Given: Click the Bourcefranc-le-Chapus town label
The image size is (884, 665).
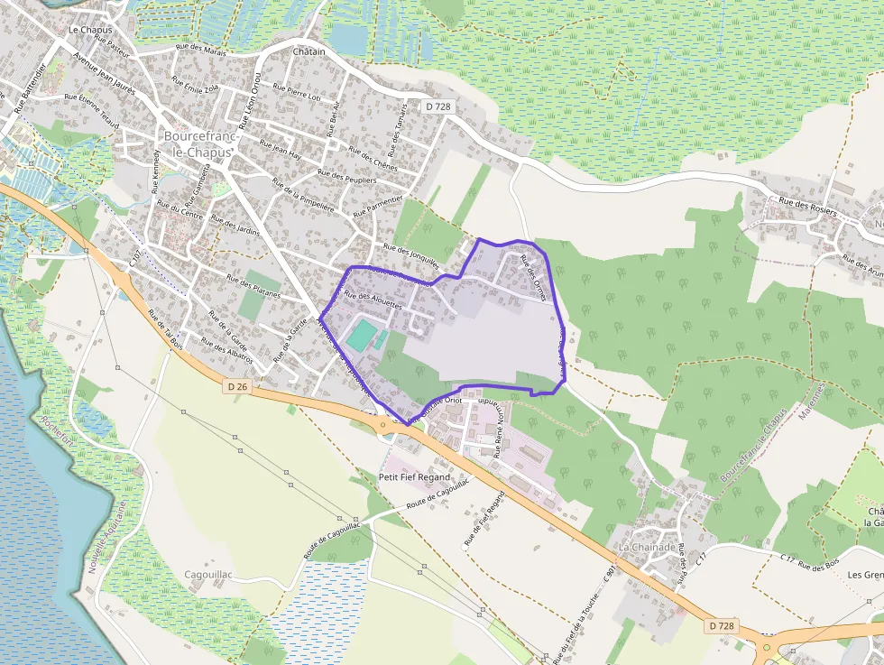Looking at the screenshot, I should coord(198,144).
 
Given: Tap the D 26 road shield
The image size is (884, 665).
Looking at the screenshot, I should coord(237,385).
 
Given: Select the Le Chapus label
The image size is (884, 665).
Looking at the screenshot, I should coord(90,30).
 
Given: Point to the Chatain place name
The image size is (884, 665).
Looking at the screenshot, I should coord(308,51).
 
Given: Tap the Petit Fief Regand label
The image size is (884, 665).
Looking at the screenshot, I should coord(414,476).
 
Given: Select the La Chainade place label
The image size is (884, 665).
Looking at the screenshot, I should coord(646,548).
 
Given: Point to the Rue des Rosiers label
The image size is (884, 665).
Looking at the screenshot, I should coord(807,208).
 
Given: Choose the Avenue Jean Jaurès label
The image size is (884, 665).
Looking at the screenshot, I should coord(103,71).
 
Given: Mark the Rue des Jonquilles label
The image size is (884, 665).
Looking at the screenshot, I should coord(410,256).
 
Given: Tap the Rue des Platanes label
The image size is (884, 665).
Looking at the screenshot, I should coord(253,286).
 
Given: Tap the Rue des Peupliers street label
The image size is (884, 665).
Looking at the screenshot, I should coord(346,176).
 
